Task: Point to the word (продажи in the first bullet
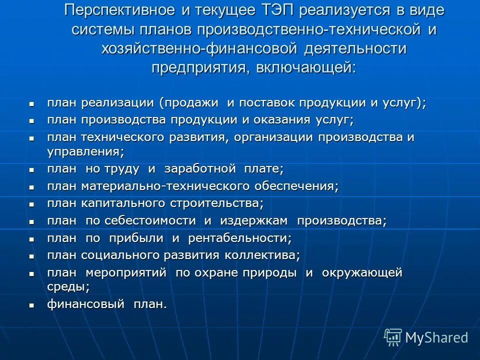click(189, 103)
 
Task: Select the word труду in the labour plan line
click(121, 169)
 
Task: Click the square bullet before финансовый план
click(31, 305)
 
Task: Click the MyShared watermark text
click(436, 338)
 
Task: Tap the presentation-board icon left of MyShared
click(393, 337)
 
